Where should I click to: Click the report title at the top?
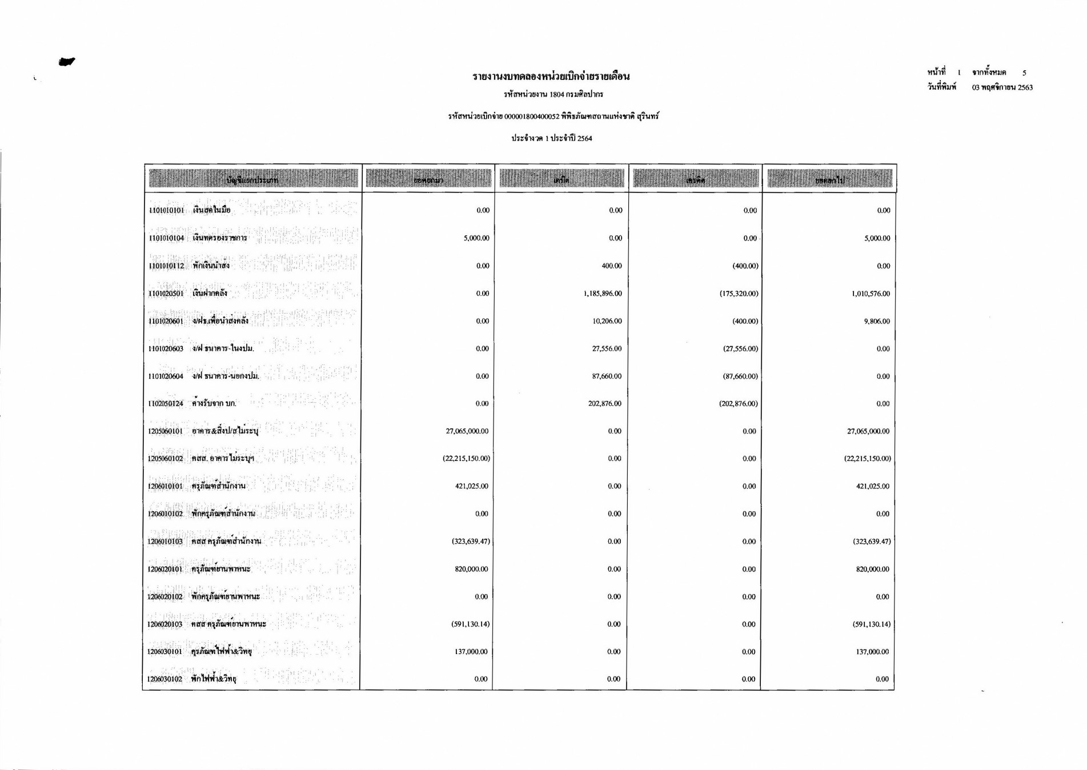(551, 77)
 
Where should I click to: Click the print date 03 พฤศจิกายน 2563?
(1002, 87)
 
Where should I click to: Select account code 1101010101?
(166, 210)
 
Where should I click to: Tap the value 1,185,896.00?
(603, 294)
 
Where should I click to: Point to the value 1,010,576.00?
(871, 294)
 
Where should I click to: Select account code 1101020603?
(166, 348)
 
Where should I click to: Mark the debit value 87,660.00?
(607, 376)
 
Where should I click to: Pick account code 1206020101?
(165, 569)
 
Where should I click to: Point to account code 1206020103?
(165, 624)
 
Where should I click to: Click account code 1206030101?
(165, 652)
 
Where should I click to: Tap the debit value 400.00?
(612, 266)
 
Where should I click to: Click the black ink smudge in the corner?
(66, 62)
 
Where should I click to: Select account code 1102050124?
(166, 404)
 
